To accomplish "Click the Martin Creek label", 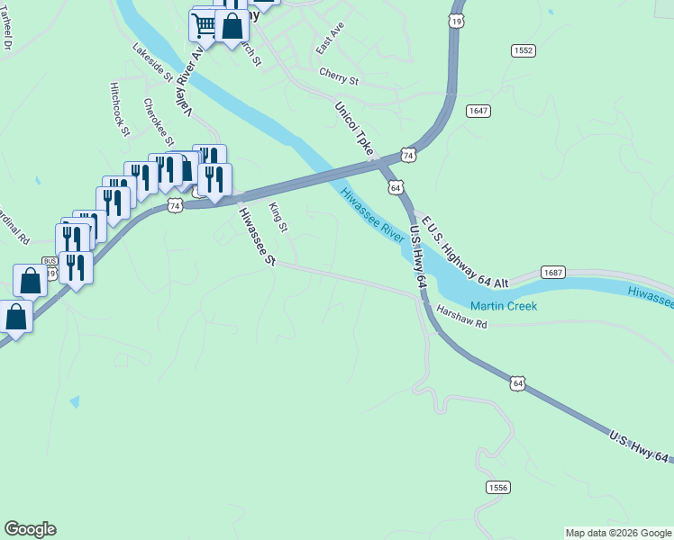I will tap(504, 306).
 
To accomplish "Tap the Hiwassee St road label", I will tap(256, 237).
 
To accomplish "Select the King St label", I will tap(278, 218).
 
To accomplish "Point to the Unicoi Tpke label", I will tap(353, 130).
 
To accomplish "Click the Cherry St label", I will tap(339, 78).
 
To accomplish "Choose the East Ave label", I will tap(331, 39).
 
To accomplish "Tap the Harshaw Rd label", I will tap(461, 317).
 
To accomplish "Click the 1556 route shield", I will tap(497, 487).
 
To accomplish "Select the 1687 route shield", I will tap(551, 271).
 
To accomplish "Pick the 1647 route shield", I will tap(478, 111).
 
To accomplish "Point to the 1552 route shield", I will tap(523, 50).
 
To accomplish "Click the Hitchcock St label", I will tap(120, 110).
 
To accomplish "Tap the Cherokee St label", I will tap(159, 122).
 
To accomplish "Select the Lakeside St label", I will tap(151, 63).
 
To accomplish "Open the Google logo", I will tap(30, 529).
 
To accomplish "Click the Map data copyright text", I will tap(618, 533).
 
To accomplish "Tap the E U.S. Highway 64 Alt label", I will tap(464, 252).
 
